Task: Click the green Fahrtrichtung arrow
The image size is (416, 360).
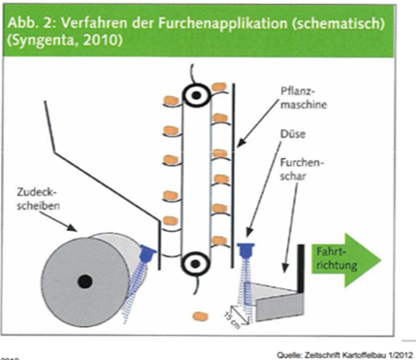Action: coord(346,260)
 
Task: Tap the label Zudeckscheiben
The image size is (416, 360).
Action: coord(38,200)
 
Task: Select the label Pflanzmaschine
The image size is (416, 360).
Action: coord(304,98)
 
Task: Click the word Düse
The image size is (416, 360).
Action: coord(293,134)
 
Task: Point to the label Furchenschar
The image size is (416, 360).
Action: coord(302,168)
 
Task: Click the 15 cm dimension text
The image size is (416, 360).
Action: coord(233,320)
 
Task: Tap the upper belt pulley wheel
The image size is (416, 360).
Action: coord(196,95)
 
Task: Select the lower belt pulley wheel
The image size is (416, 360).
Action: coord(195,264)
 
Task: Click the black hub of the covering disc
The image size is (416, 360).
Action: coord(85,281)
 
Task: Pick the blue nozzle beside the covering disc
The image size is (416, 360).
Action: coord(147,253)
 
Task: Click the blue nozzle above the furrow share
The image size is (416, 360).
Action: coord(245,249)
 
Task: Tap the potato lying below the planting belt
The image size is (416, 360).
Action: coord(200,315)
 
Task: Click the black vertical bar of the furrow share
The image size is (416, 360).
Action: coord(301,269)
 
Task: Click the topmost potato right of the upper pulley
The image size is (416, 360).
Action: coord(219,86)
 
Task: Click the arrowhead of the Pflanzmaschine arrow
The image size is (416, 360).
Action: coord(240,143)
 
